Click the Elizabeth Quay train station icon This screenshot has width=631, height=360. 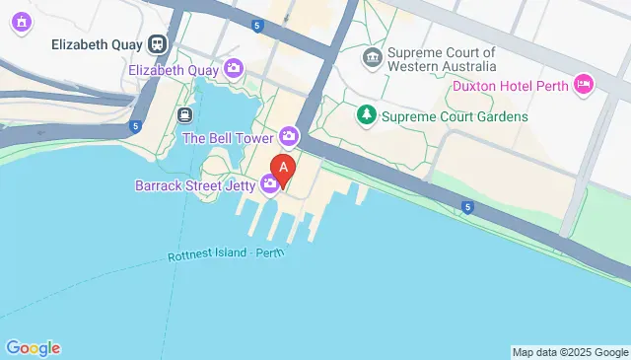tap(157, 44)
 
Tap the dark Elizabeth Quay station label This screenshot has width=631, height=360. tap(96, 44)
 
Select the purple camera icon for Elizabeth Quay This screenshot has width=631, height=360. tap(234, 68)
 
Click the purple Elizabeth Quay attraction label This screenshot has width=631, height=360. tap(175, 68)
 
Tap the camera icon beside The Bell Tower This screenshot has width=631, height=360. tap(288, 135)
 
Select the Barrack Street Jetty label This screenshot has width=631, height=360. tap(196, 184)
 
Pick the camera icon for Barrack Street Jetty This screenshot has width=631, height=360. tap(269, 183)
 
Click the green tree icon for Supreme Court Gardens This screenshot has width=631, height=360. tap(367, 116)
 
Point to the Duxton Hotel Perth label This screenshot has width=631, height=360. tap(512, 85)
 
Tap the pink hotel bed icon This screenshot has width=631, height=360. tap(583, 85)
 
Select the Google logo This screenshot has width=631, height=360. tap(33, 348)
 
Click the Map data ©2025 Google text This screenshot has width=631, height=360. tap(570, 352)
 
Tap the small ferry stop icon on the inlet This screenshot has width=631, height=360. tap(184, 114)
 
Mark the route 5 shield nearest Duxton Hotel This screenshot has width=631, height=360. tap(466, 206)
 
